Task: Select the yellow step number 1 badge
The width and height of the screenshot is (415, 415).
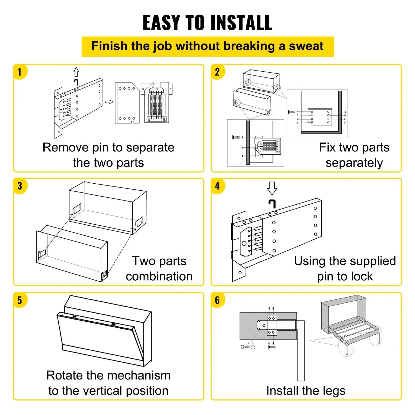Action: click(20, 72)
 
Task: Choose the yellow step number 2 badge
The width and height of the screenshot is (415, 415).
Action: click(217, 72)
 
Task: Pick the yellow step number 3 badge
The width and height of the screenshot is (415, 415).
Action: click(20, 186)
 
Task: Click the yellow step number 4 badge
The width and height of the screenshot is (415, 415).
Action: click(217, 186)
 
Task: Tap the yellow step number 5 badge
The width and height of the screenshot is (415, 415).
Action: click(20, 300)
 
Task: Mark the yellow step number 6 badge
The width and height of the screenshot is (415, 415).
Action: click(217, 300)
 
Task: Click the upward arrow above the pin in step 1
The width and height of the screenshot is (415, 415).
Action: click(76, 72)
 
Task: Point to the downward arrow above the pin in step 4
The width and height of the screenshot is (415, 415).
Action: click(272, 188)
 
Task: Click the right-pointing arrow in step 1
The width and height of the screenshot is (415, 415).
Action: click(109, 102)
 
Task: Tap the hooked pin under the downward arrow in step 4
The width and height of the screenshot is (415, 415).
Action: click(272, 204)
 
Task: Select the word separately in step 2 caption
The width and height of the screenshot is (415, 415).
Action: click(354, 163)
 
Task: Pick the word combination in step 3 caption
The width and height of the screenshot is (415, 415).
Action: click(159, 276)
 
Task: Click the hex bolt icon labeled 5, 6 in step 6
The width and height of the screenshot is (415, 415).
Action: click(245, 347)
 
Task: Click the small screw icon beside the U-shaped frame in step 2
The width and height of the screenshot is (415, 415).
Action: click(292, 112)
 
